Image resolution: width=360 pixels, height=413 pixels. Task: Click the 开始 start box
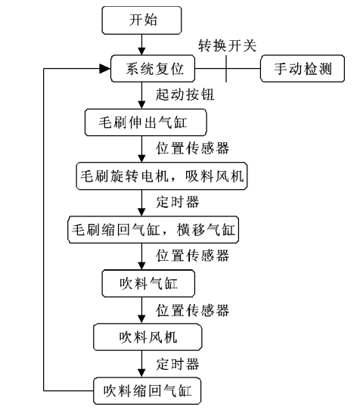tap(141, 20)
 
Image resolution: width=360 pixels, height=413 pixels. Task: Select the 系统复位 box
tap(153, 69)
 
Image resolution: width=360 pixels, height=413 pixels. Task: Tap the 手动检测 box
tap(303, 69)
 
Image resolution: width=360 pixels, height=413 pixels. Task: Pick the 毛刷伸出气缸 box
tap(146, 123)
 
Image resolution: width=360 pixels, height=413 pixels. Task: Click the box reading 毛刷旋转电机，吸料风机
tap(162, 176)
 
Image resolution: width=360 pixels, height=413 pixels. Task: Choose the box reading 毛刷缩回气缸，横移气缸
tap(154, 230)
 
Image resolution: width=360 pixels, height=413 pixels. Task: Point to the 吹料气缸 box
tap(148, 284)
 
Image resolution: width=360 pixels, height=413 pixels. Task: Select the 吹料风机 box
tap(147, 337)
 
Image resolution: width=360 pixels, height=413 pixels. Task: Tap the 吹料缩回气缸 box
tap(147, 391)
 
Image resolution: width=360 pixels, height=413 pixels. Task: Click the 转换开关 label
tap(228, 46)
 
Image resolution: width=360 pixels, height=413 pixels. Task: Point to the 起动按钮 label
tap(185, 95)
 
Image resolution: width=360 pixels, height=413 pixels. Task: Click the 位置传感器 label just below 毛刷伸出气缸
tap(192, 148)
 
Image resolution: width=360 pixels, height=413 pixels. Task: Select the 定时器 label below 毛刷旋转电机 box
tap(178, 202)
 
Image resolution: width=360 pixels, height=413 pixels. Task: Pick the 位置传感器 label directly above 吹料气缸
tap(192, 256)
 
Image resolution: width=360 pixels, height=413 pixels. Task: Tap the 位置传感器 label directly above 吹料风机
tap(192, 310)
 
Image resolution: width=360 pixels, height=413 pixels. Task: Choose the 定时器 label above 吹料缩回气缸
tap(178, 364)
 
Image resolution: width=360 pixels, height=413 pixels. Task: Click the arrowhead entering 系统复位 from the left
tap(104, 69)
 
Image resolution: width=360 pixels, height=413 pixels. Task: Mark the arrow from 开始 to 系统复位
tap(141, 45)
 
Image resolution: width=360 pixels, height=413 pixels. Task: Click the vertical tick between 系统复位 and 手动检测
tap(226, 69)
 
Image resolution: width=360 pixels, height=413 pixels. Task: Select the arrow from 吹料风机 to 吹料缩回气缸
tap(141, 364)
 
